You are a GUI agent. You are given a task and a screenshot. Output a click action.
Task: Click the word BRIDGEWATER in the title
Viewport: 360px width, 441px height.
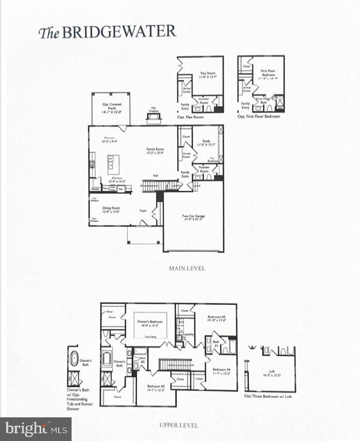coord(119,32)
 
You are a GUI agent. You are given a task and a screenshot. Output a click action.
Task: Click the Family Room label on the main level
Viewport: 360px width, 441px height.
coord(155,151)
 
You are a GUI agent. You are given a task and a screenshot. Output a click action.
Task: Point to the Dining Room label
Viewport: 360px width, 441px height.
coord(111,209)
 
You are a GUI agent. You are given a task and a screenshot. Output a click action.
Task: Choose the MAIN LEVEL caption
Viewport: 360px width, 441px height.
coord(187,268)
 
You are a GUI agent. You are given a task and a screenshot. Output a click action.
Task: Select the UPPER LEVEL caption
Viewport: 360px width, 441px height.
coord(179,425)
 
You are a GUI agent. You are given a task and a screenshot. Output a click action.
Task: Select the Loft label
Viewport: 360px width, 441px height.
coord(271,373)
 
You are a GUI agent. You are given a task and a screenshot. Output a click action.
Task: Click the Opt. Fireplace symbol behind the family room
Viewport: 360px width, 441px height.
coord(153,118)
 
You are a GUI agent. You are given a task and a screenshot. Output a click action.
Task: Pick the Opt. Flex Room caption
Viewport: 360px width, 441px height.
coord(190,117)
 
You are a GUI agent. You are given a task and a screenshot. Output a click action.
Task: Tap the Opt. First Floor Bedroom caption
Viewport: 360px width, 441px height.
coord(259,117)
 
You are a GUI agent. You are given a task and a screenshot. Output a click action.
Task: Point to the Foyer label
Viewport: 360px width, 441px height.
coord(143,210)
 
